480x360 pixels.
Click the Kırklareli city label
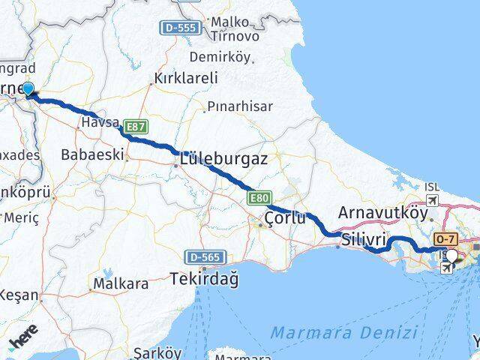coord(185,77)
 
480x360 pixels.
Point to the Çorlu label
coord(286,218)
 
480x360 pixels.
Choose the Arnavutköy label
coord(382,213)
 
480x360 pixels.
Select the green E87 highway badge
coord(136,127)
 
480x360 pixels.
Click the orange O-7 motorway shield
coord(445,239)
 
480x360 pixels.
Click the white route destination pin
coord(451,257)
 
